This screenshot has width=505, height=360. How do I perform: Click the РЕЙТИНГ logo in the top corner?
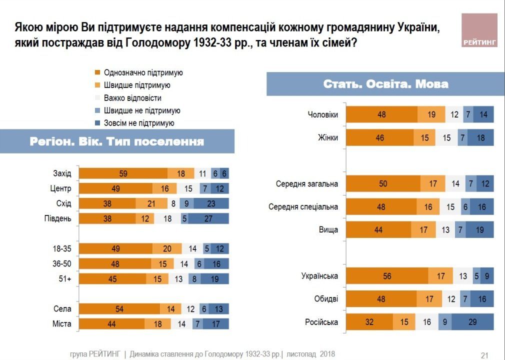click(x=479, y=30)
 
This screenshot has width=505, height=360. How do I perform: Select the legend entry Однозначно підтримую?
click(x=143, y=73)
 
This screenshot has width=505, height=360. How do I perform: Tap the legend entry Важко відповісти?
click(x=132, y=98)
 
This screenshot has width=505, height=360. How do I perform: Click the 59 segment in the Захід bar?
click(x=123, y=173)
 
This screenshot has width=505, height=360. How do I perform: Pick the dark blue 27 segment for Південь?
click(x=208, y=218)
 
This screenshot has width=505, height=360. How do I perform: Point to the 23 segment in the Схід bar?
click(x=211, y=203)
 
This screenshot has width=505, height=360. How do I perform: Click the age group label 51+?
click(x=65, y=278)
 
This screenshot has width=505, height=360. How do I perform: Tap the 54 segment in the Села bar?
click(x=120, y=308)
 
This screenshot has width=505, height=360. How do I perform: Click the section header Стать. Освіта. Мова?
click(x=385, y=84)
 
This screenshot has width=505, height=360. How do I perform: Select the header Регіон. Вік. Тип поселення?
click(x=117, y=141)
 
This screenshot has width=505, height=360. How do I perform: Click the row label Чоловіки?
click(x=322, y=114)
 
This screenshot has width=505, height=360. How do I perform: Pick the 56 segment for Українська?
click(x=387, y=276)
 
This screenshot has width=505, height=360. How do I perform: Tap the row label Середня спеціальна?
click(x=303, y=206)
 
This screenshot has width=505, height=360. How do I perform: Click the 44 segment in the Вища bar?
click(x=378, y=229)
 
